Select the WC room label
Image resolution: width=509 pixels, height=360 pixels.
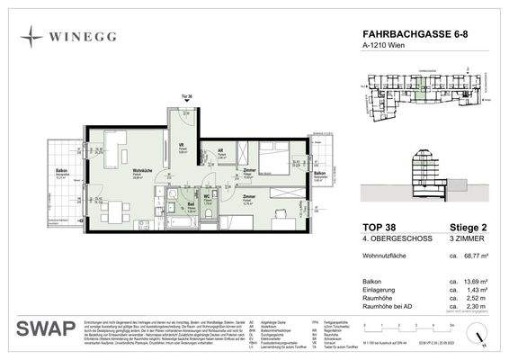coord(207,196)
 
